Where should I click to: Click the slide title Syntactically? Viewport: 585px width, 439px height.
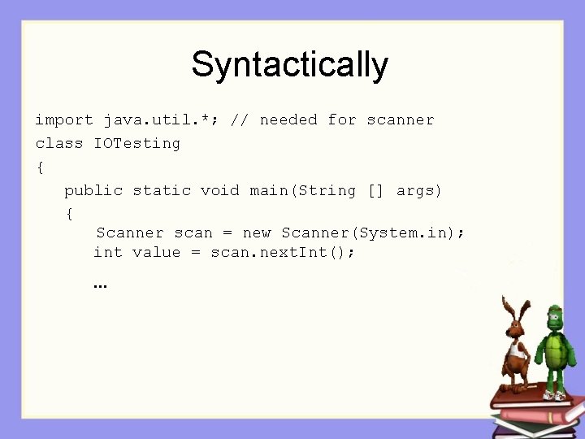[289, 65]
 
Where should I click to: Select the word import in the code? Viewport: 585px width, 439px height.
[64, 120]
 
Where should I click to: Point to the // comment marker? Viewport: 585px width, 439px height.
[240, 120]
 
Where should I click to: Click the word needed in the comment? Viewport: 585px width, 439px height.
[288, 120]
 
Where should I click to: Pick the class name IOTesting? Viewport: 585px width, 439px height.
[137, 144]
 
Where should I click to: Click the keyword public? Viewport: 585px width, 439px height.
[93, 191]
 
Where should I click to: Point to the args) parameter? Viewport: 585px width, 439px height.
[419, 191]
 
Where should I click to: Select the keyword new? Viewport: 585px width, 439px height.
[257, 233]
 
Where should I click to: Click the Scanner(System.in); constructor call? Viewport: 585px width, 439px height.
[373, 233]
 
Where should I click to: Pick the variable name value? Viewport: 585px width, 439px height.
[156, 253]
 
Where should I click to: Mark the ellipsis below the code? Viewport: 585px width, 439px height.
[101, 286]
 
